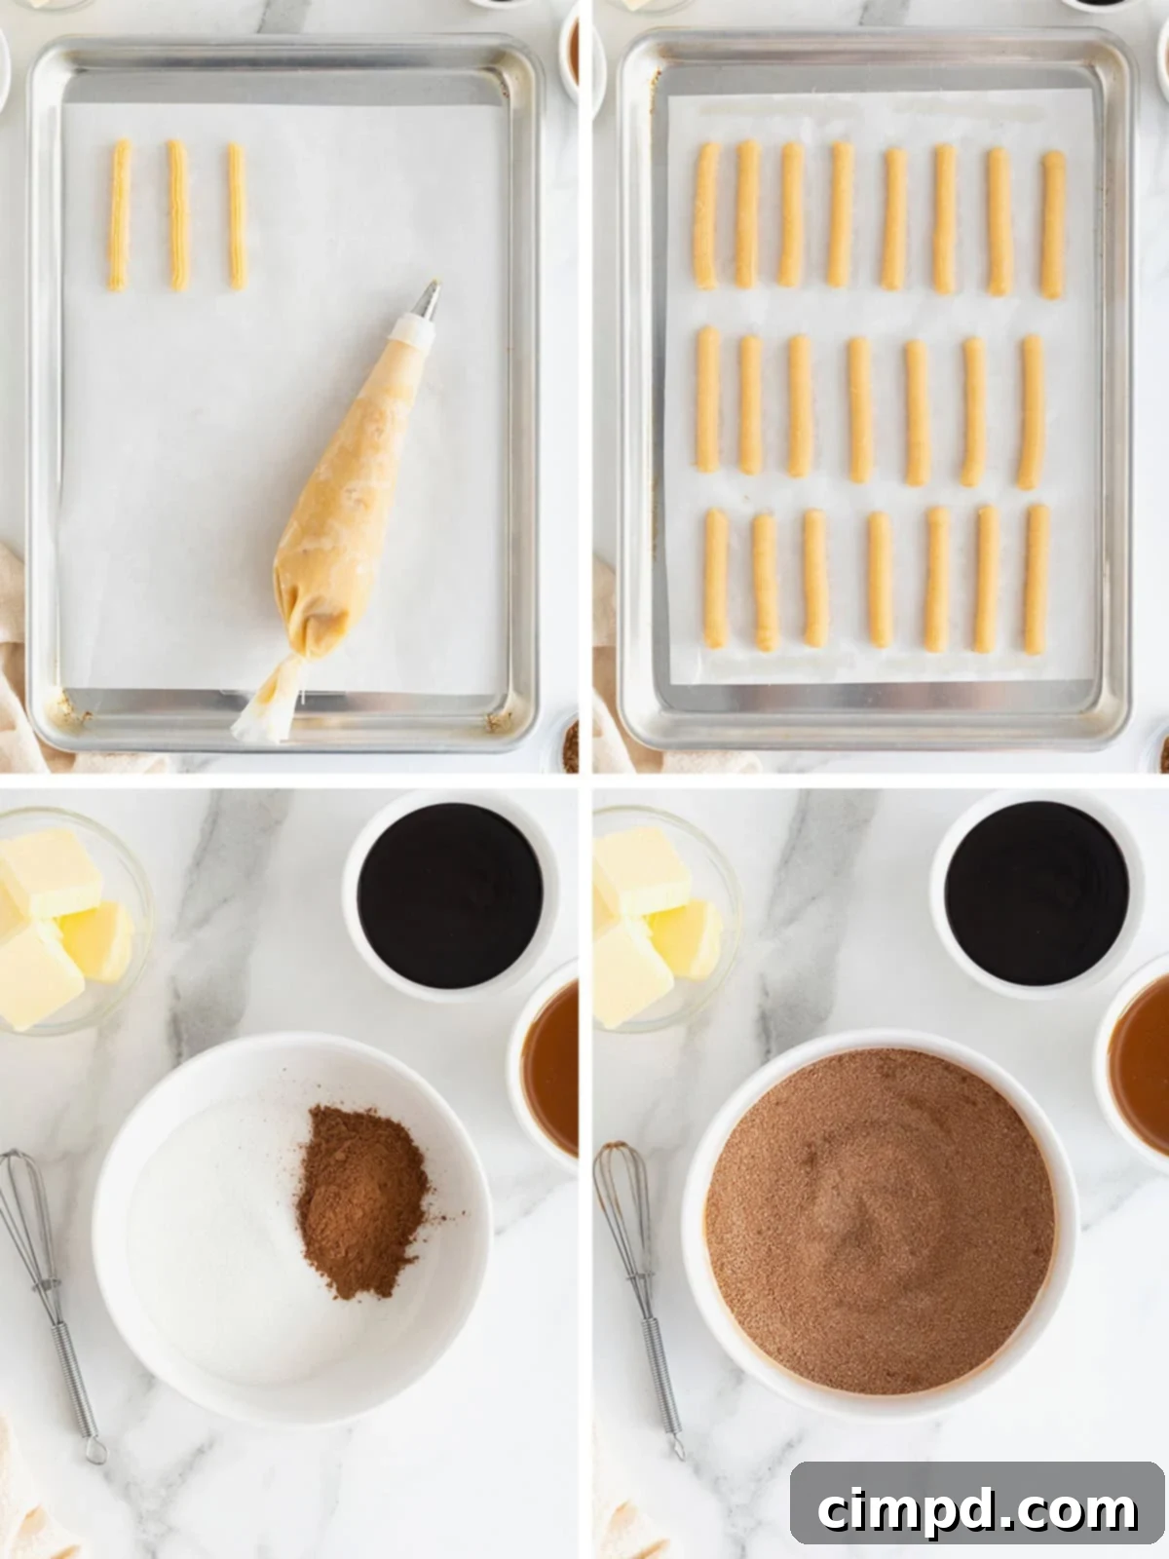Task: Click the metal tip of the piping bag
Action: (x=427, y=300)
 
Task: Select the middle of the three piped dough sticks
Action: (x=177, y=215)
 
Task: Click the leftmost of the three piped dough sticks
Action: (x=119, y=215)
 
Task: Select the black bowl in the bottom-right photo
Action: (x=1037, y=893)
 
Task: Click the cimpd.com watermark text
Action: (x=977, y=1509)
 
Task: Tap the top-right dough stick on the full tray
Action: (x=1052, y=224)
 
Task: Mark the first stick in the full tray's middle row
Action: (x=707, y=399)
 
